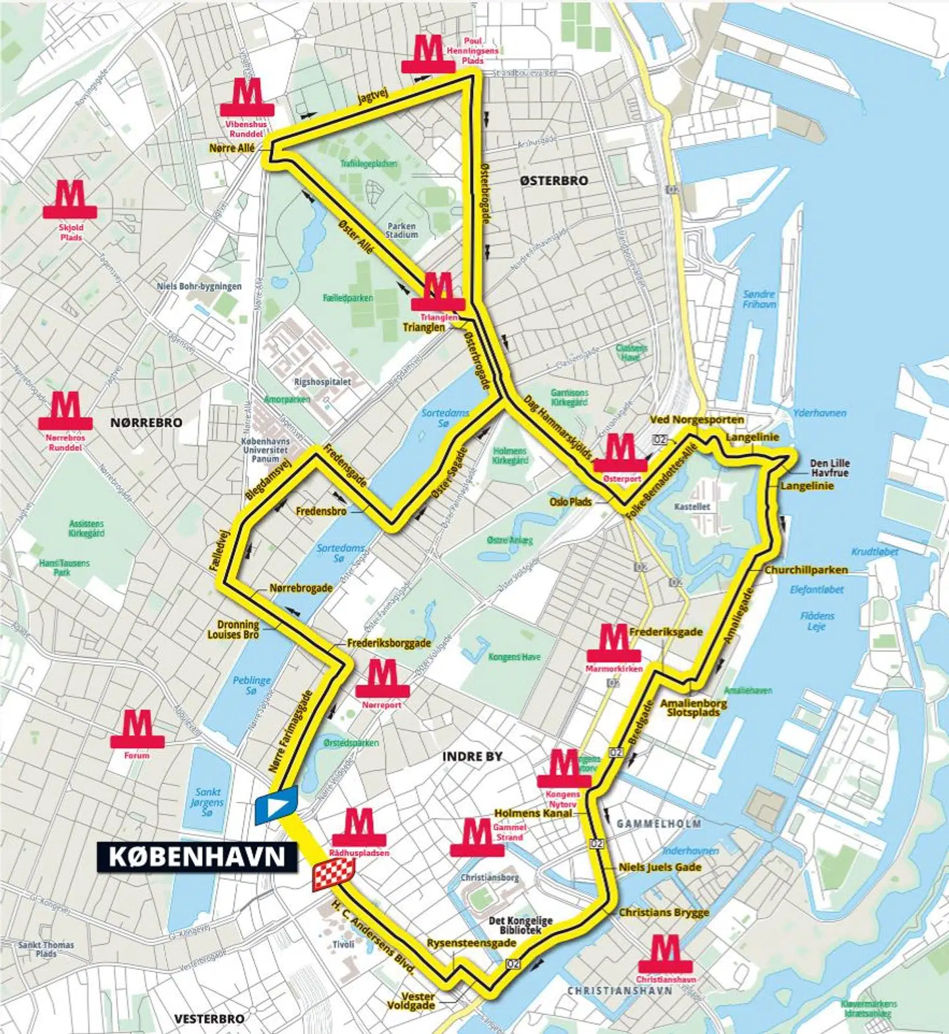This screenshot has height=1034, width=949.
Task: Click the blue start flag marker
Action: point(276,805)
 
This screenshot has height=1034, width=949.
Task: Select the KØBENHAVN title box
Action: point(197,856)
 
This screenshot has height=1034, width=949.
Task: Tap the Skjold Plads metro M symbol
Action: point(70,198)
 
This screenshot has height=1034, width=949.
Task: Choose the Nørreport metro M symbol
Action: point(382,678)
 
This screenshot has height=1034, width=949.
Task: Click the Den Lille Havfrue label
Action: point(829,468)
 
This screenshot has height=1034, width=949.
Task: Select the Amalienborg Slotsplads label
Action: point(693,707)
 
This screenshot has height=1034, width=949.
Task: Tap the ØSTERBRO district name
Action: point(554,181)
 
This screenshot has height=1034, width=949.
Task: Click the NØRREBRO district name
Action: point(146,422)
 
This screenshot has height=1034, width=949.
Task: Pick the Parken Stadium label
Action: point(401,230)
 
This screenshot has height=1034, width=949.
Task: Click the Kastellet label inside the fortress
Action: point(692,507)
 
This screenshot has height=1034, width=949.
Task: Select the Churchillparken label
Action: point(805,569)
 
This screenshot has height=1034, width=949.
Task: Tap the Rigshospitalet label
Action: point(322,382)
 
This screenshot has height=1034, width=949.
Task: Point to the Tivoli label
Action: point(343,944)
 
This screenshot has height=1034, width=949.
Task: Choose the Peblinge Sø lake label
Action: point(251,685)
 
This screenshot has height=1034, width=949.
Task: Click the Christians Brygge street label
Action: point(664,912)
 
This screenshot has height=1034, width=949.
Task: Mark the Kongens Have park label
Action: point(514,657)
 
